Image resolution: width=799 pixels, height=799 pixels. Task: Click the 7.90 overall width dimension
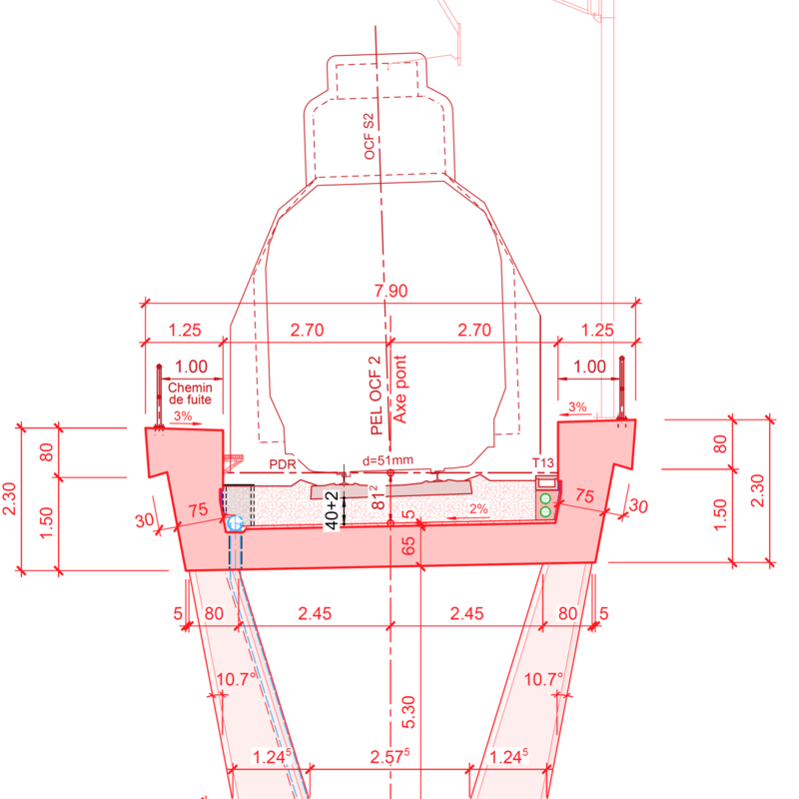[391, 291]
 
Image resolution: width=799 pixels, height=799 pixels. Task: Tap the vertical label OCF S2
[369, 136]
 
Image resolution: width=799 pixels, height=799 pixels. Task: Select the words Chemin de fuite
[190, 394]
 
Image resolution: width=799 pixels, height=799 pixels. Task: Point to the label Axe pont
[400, 389]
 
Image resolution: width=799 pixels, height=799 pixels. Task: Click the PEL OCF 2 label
[377, 396]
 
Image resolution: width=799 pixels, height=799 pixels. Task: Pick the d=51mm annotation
[388, 460]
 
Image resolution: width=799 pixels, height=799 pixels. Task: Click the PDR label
[283, 464]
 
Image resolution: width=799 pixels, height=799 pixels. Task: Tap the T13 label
[542, 462]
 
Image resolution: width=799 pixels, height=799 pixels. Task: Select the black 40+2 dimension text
[332, 510]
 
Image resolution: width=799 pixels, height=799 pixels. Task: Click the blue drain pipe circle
[235, 522]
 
